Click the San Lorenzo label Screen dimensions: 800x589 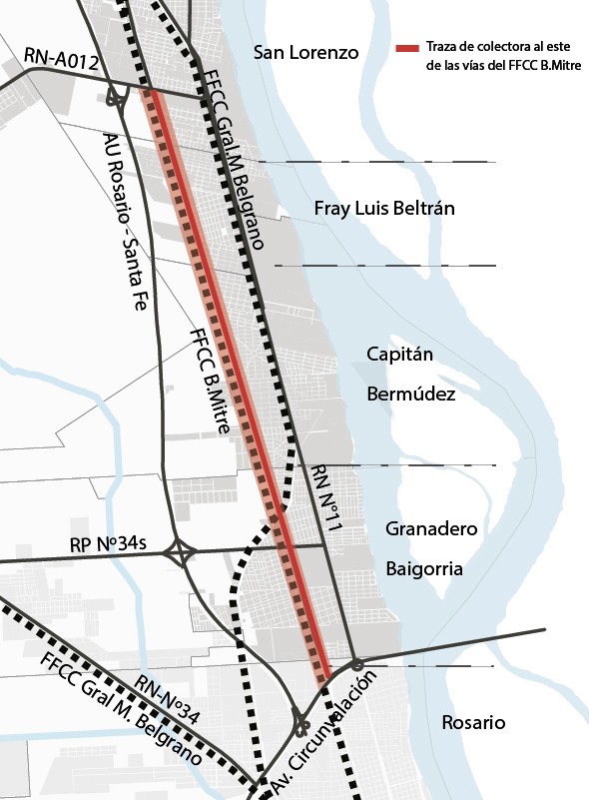pyautogui.click(x=305, y=53)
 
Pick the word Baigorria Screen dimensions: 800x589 pyautogui.click(x=424, y=568)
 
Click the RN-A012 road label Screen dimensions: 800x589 pyautogui.click(x=62, y=62)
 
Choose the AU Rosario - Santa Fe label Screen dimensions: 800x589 pyautogui.click(x=126, y=224)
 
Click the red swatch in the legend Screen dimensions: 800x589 pyautogui.click(x=407, y=47)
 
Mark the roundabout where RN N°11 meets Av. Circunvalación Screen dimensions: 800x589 pyautogui.click(x=356, y=663)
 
